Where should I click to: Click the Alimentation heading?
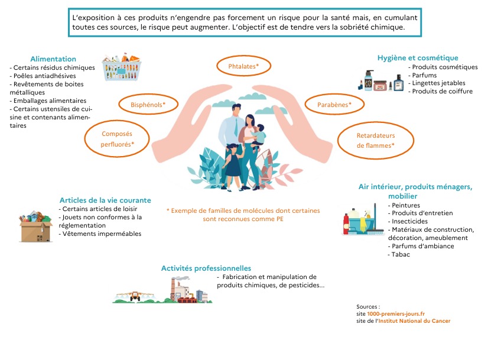(53, 59)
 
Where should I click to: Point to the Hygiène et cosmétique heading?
(418, 58)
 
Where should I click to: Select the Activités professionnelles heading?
(206, 268)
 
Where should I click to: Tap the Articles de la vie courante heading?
(105, 200)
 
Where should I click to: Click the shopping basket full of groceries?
(122, 67)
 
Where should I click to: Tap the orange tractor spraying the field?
(135, 296)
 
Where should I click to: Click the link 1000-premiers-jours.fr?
(396, 314)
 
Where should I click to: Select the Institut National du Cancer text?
(414, 321)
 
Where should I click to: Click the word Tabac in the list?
(401, 254)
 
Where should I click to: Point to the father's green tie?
(237, 127)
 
